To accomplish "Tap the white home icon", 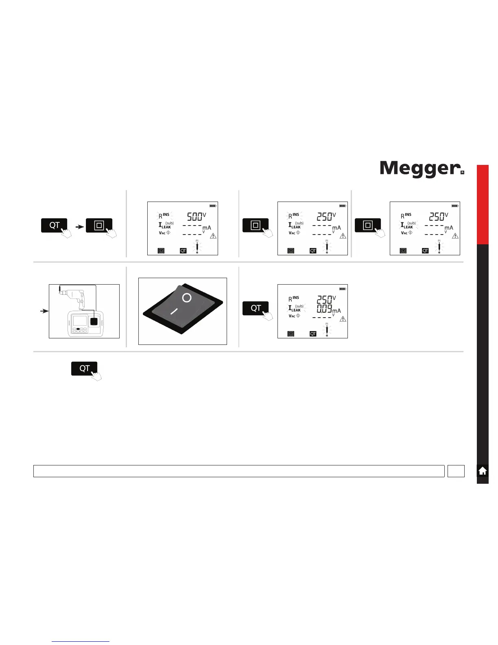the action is pos(483,471).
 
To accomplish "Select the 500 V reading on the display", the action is pos(194,217).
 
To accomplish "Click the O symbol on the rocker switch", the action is pos(187,298).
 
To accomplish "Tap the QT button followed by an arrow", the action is pos(55,226).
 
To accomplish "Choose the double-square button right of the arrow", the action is pos(99,226).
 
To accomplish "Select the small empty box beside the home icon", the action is pos(456,471).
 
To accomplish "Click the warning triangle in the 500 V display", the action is pos(213,236).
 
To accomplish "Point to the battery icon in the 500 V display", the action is pos(213,206).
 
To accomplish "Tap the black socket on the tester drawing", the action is pos(94,321).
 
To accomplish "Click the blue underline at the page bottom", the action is pos(81,642).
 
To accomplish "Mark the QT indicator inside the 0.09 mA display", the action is pos(313,334).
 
